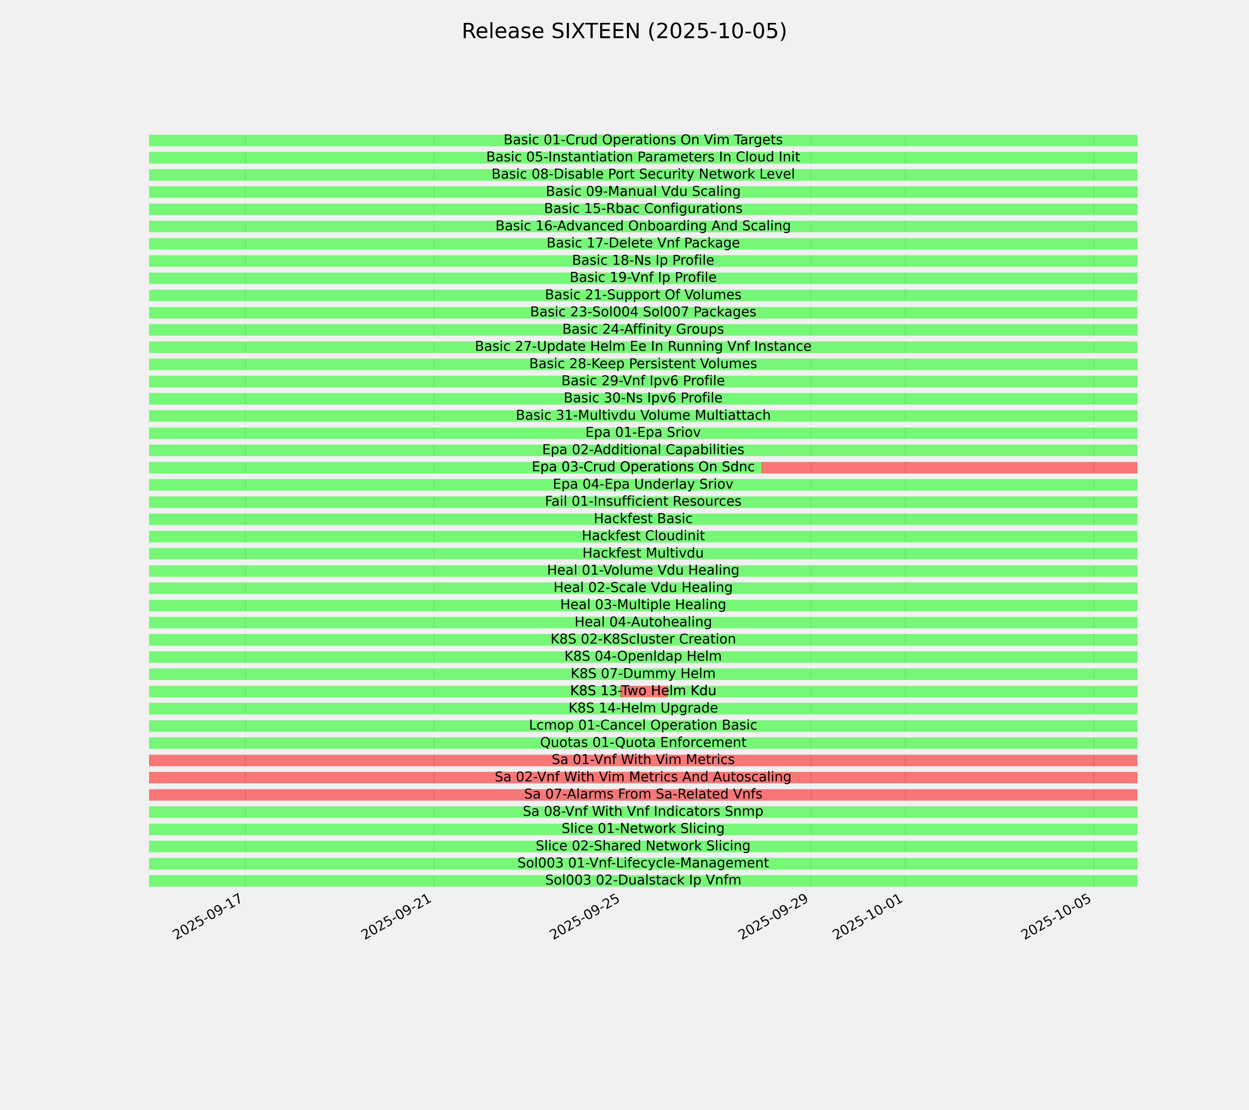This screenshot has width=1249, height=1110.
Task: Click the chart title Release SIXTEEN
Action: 624,31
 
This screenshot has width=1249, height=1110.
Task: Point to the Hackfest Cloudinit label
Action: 643,536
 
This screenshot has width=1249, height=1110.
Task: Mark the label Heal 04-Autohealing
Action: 643,622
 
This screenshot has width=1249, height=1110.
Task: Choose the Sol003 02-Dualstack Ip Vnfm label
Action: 643,880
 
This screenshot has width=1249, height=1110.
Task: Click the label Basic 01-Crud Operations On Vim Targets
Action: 643,140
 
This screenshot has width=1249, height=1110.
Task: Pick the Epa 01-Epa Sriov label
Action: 643,432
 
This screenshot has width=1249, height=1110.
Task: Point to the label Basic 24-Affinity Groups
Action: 643,329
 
